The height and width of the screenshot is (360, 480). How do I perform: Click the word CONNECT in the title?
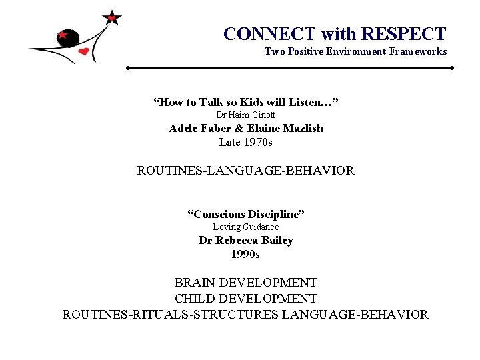(270, 34)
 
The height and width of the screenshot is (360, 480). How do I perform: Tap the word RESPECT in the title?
(404, 34)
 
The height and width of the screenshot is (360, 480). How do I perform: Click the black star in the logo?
(112, 17)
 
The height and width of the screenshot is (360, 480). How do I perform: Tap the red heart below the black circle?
(83, 51)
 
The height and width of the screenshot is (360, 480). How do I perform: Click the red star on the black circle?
(63, 34)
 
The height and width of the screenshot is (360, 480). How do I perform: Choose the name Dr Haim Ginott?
(245, 115)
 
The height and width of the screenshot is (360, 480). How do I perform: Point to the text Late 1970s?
(245, 142)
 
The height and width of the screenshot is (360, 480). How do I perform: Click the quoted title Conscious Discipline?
(245, 214)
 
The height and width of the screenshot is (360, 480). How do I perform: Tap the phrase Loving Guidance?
(245, 227)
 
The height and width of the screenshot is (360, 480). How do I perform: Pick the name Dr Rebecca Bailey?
(245, 240)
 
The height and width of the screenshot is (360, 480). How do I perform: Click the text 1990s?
(245, 254)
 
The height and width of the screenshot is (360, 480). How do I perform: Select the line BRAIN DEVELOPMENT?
(245, 283)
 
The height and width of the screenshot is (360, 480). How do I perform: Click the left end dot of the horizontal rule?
(128, 68)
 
